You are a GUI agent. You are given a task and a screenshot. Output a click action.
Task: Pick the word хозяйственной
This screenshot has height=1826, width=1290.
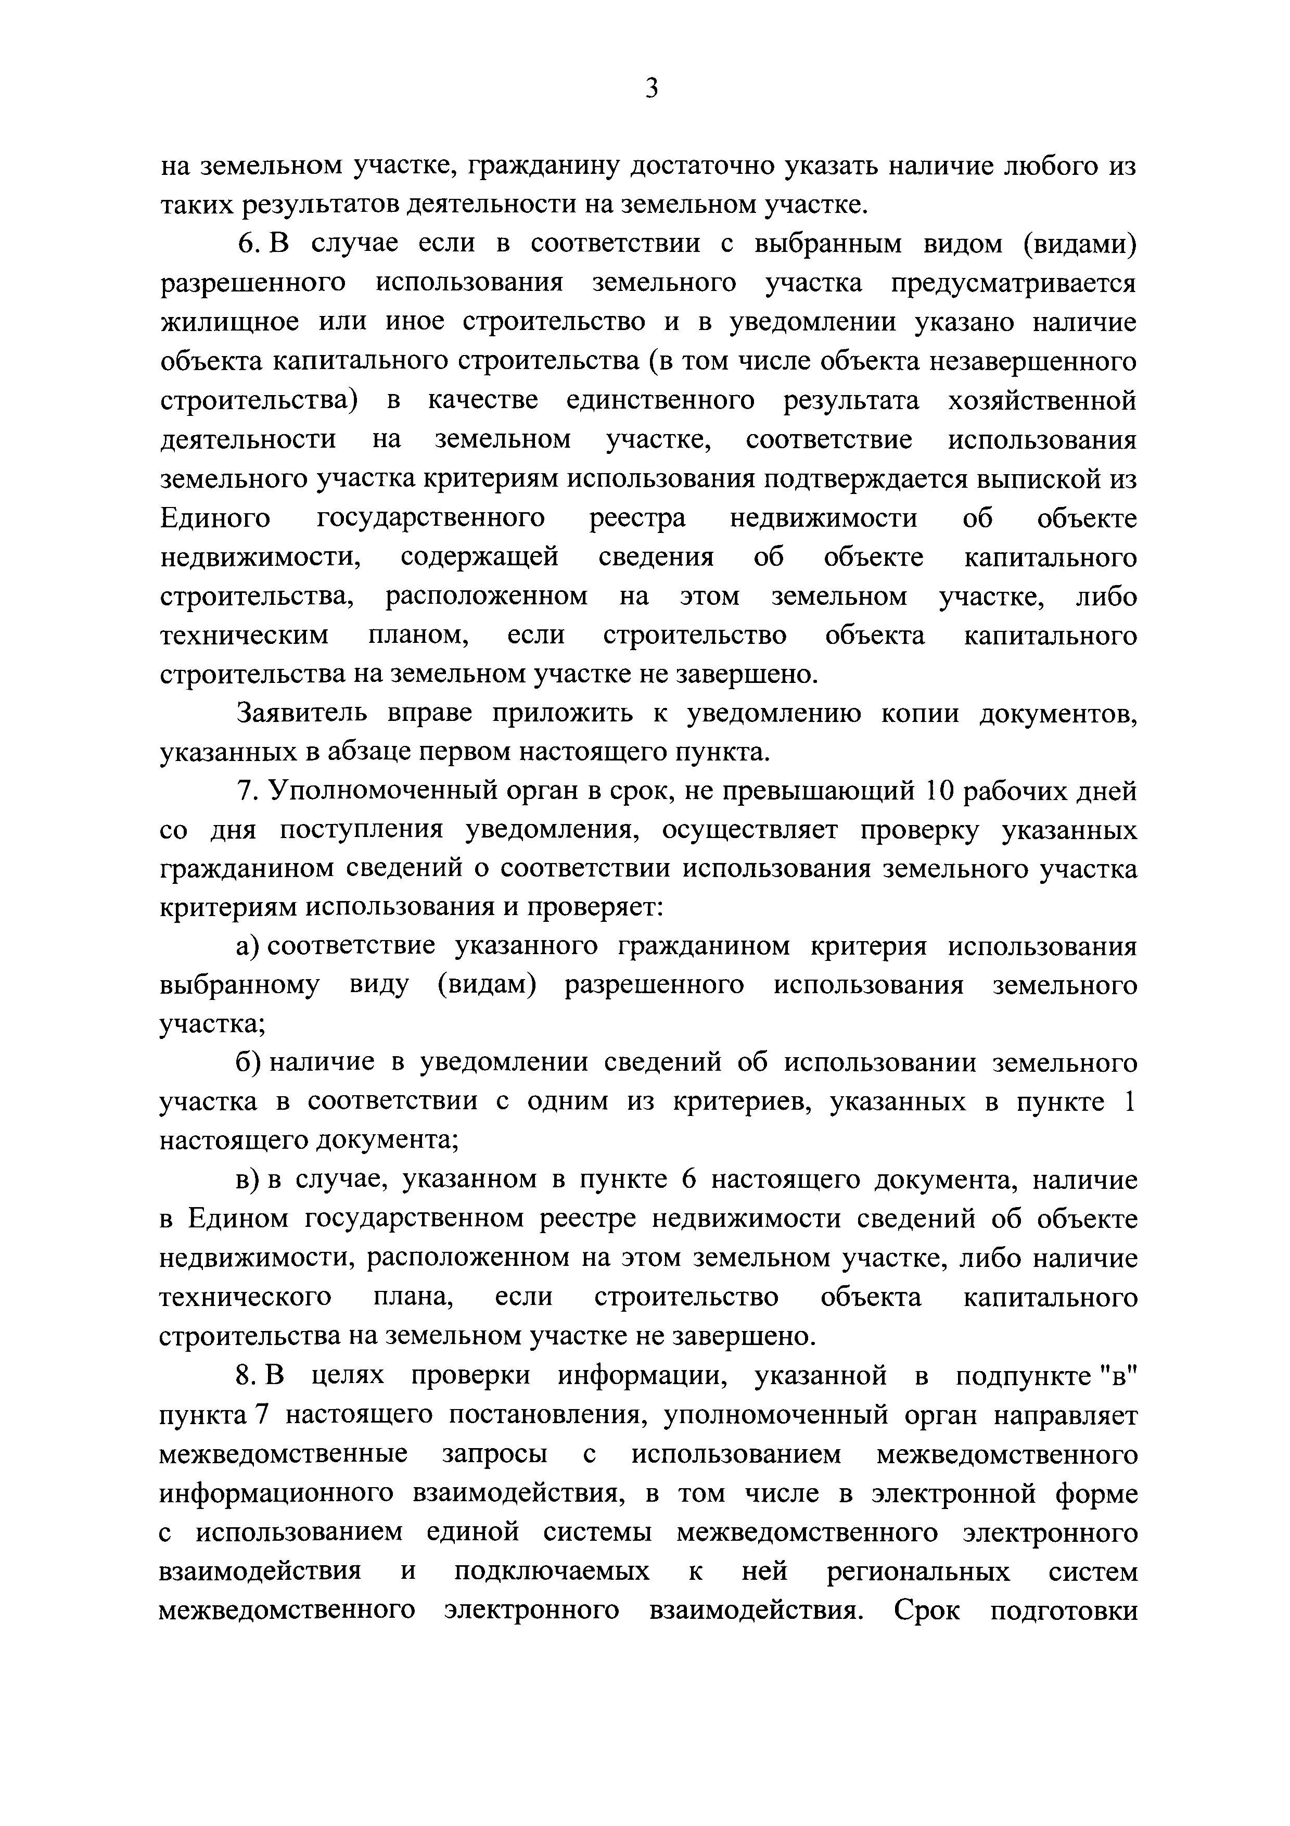[1042, 400]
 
